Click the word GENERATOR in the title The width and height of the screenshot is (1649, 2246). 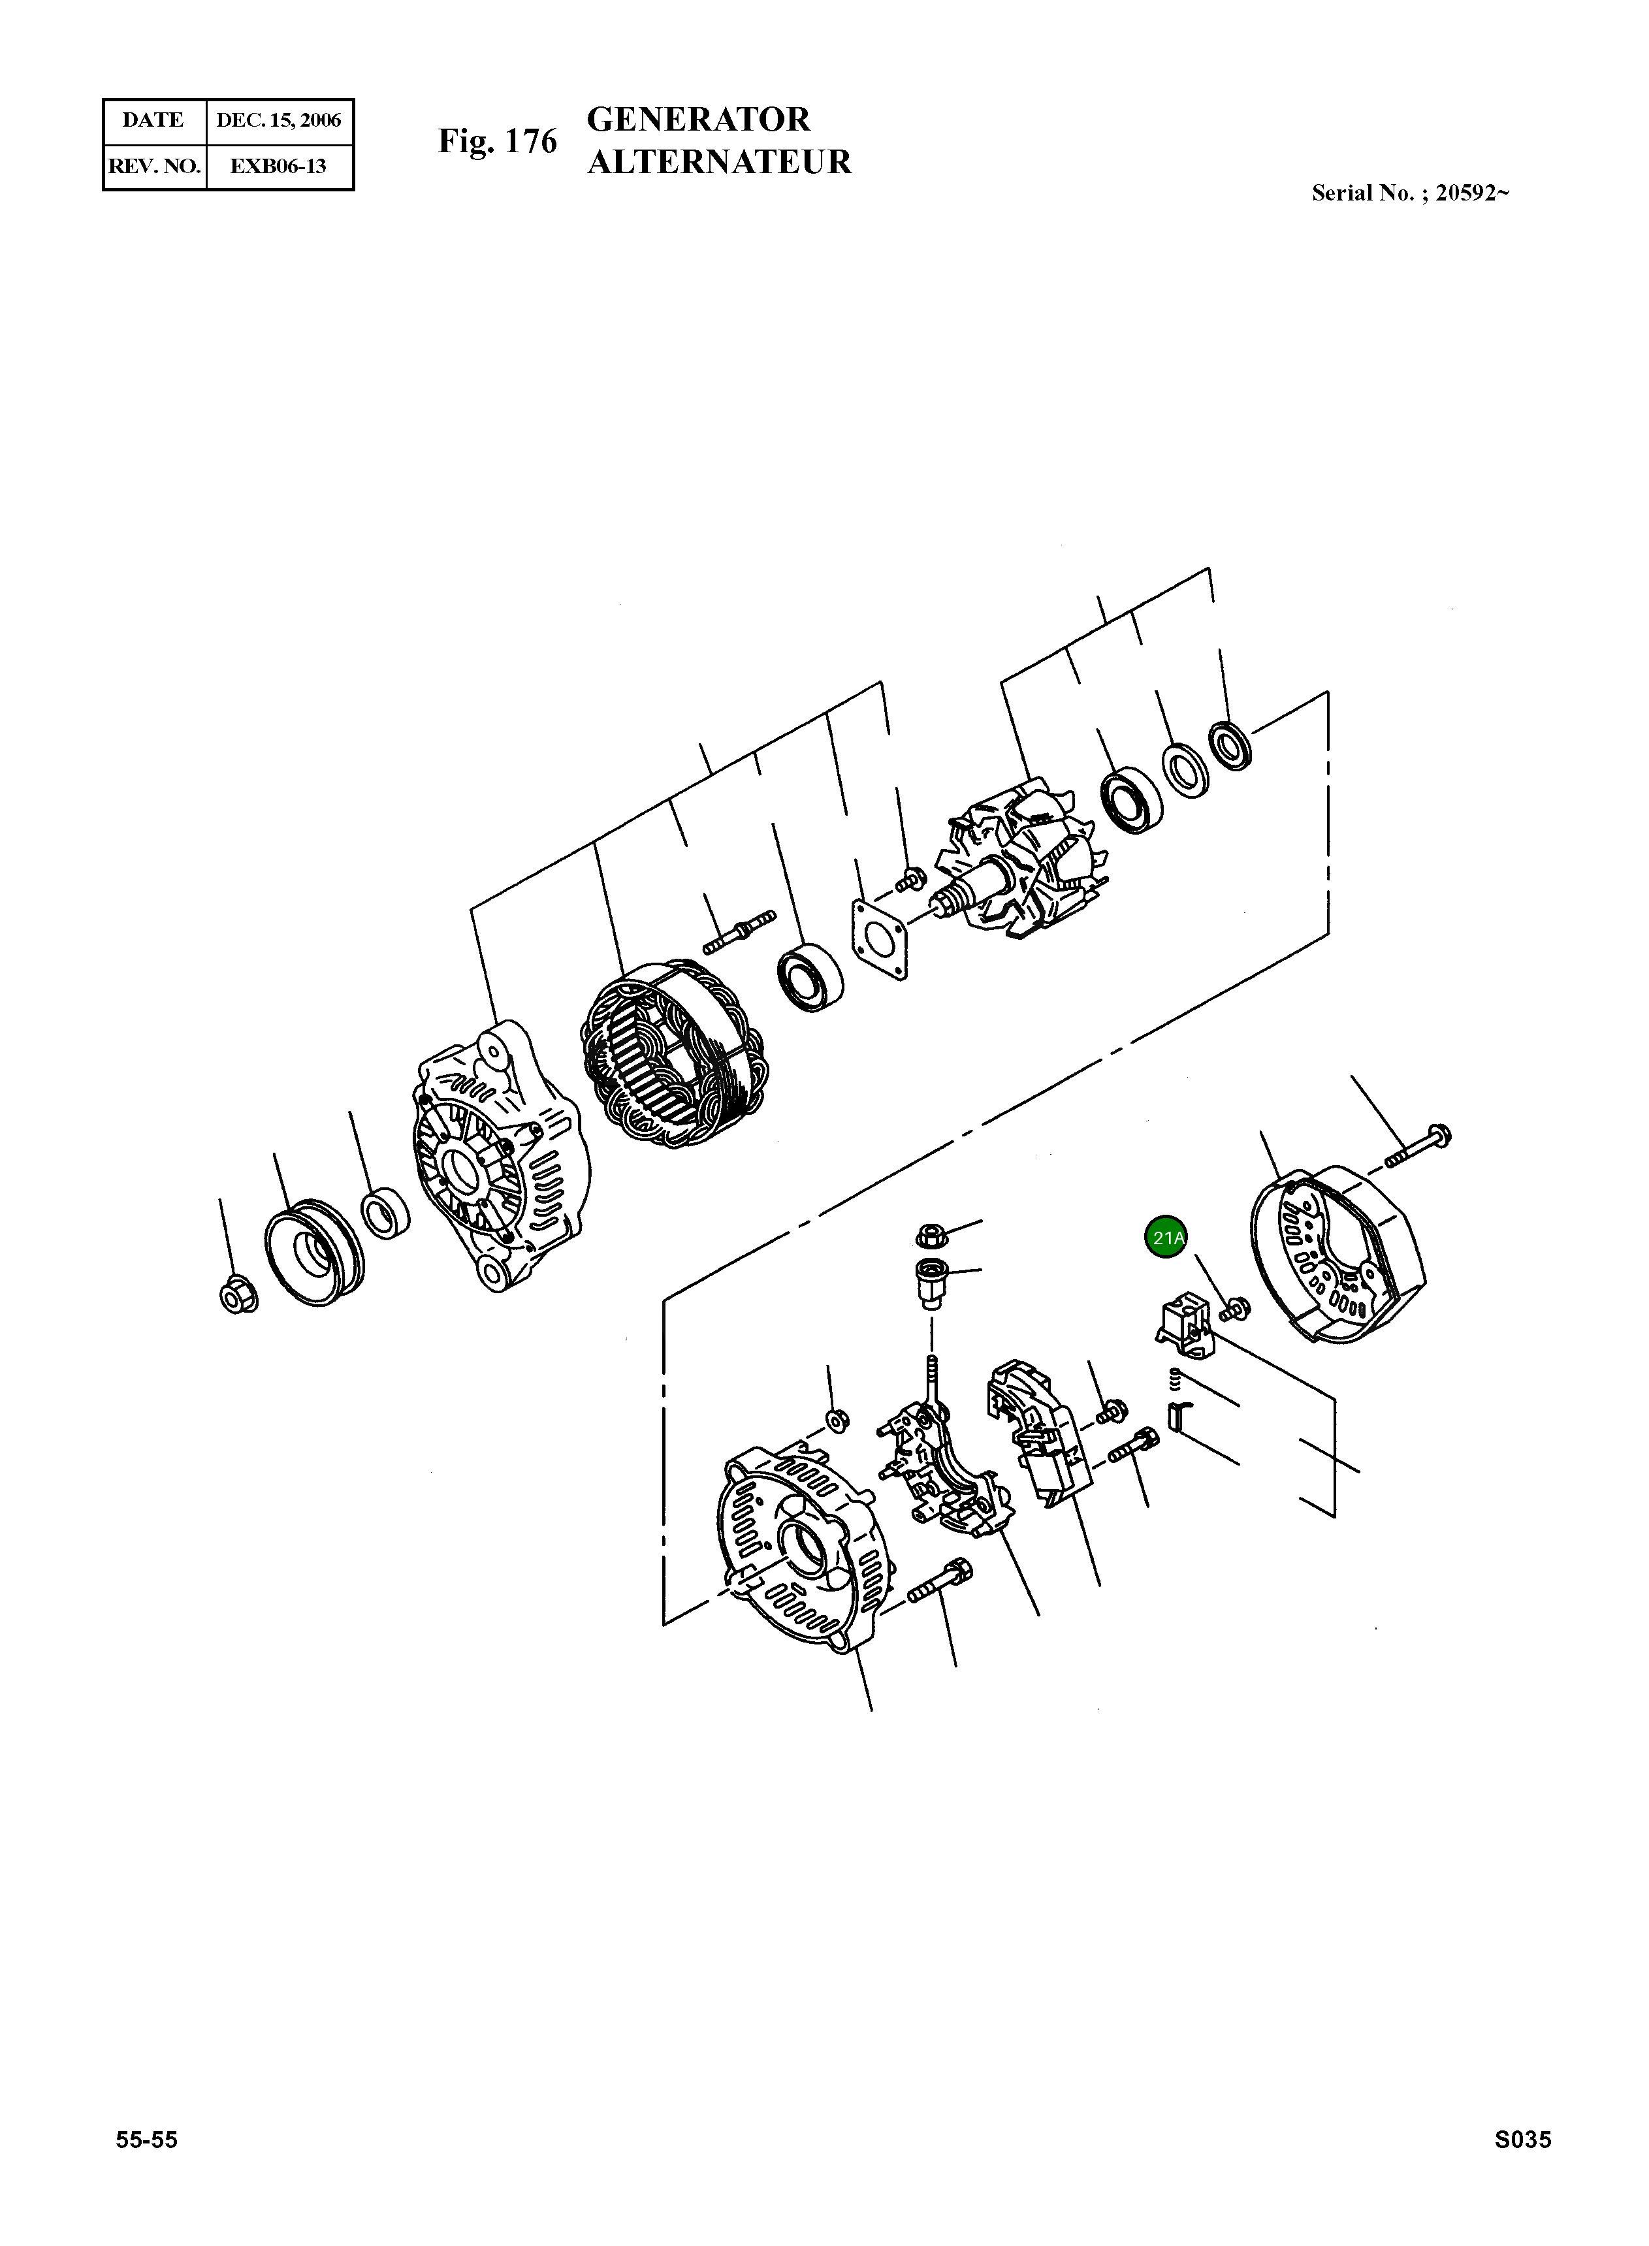tap(699, 120)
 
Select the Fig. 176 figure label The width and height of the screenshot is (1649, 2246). tap(497, 142)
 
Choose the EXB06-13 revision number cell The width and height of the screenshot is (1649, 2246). tap(278, 166)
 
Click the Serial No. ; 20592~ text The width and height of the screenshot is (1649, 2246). tap(1409, 194)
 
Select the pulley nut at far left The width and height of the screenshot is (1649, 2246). tap(238, 1294)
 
